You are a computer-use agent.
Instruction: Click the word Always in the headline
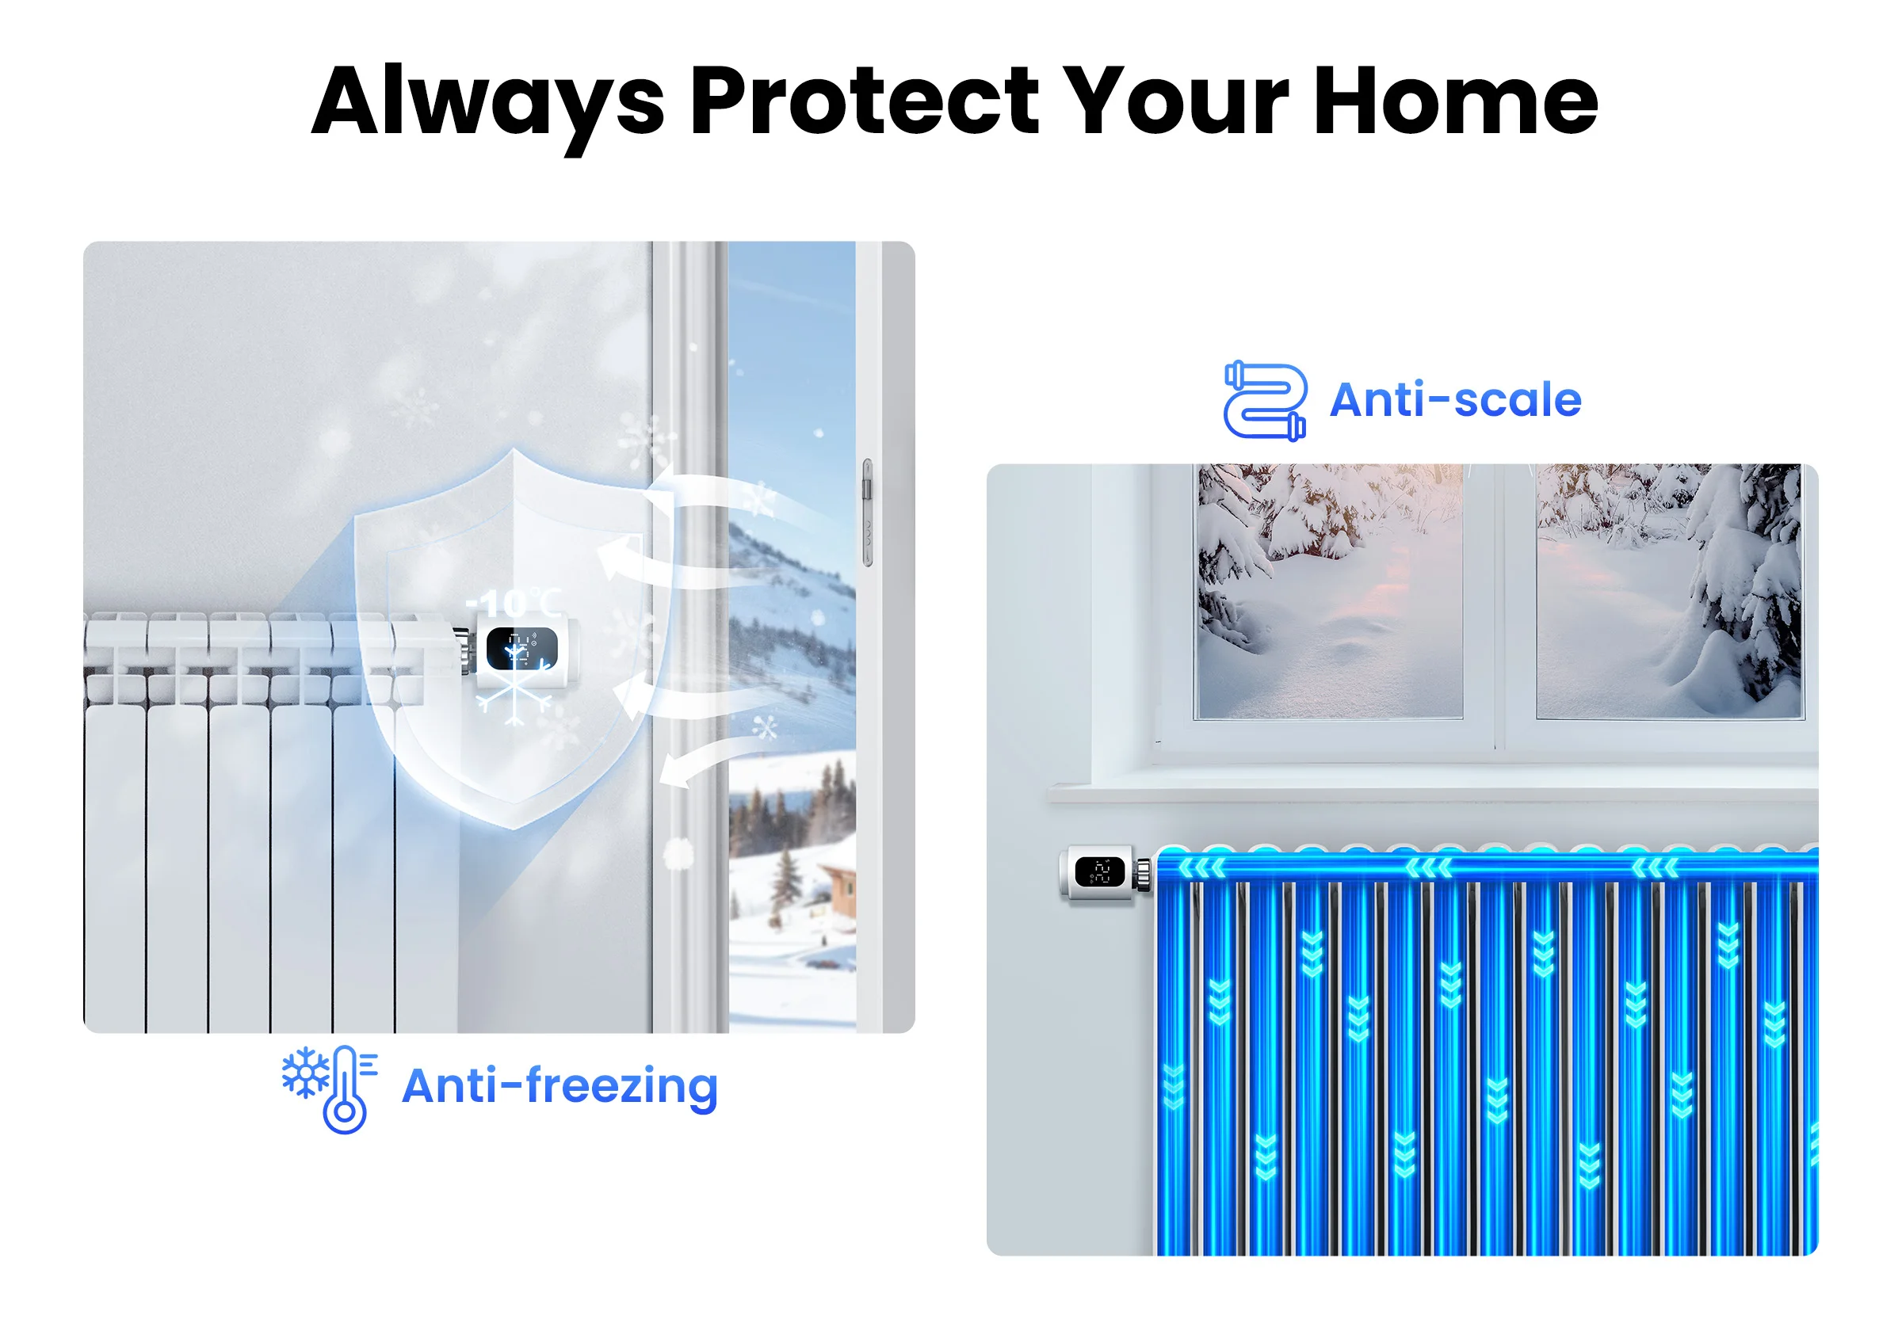point(487,104)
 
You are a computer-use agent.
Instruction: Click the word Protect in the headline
point(864,101)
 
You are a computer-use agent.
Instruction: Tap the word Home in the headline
point(1454,101)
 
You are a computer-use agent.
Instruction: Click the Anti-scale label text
point(1455,400)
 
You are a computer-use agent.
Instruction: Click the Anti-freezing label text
point(560,1086)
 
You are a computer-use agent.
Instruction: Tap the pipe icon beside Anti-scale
point(1265,401)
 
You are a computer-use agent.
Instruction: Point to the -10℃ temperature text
point(514,604)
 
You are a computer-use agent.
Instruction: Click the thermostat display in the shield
point(521,649)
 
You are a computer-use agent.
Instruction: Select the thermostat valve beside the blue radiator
point(1103,873)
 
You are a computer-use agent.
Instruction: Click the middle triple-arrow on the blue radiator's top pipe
point(1428,867)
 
